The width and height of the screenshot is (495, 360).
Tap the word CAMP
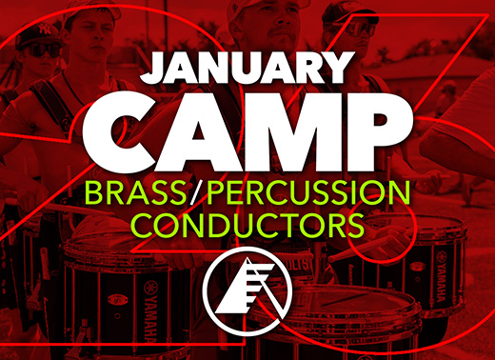(247, 125)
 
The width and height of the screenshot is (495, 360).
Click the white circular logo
(246, 283)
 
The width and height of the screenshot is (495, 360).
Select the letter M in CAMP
(287, 125)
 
